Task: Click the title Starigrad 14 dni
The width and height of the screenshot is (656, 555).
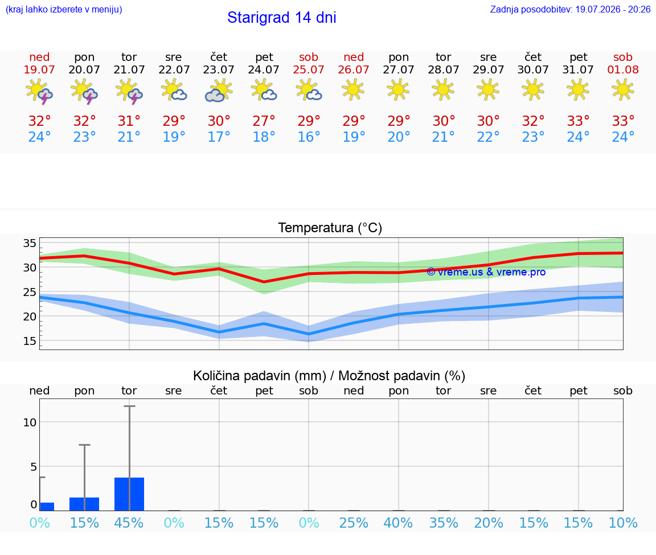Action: [281, 18]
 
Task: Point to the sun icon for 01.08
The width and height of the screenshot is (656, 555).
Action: [623, 89]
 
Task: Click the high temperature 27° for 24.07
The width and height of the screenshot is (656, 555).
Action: [264, 121]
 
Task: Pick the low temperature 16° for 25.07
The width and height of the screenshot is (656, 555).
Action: [309, 137]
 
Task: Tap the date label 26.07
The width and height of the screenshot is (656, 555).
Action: [354, 69]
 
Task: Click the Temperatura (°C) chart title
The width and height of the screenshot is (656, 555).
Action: [330, 228]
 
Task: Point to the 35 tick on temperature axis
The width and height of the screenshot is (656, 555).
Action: [30, 244]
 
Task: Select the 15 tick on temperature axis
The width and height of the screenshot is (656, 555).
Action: [30, 342]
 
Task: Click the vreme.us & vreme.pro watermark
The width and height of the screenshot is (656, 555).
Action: [486, 272]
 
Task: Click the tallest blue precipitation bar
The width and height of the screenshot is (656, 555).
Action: [129, 494]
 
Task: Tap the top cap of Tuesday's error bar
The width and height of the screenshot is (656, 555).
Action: [129, 406]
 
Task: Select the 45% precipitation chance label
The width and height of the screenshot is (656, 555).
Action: [129, 523]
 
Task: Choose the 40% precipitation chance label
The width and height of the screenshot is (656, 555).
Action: [398, 523]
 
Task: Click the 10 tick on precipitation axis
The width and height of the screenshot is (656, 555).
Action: [30, 422]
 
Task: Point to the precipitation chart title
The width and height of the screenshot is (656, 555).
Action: [329, 376]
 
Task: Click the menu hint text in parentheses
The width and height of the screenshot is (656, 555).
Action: [64, 9]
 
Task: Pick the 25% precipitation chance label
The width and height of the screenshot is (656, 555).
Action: [354, 523]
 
